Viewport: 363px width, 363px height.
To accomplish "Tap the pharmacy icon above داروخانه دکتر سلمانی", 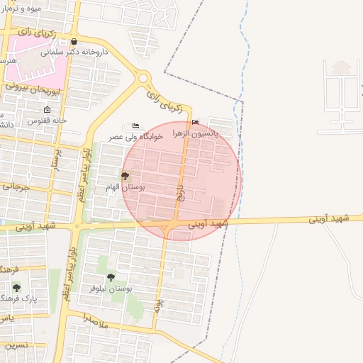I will pyautogui.click(x=74, y=41).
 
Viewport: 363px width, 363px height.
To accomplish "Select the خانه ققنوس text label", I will pyautogui.click(x=47, y=121).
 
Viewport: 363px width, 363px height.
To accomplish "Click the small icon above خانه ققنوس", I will pyautogui.click(x=47, y=110).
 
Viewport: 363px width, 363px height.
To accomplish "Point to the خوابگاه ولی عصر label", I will pyautogui.click(x=135, y=136).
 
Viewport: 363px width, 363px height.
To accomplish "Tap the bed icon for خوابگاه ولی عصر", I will pyautogui.click(x=135, y=126).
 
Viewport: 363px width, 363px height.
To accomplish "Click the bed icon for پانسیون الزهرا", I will pyautogui.click(x=196, y=121).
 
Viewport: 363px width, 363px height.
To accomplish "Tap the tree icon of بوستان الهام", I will pyautogui.click(x=125, y=176).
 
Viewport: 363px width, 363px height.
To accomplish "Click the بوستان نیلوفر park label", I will pyautogui.click(x=111, y=289).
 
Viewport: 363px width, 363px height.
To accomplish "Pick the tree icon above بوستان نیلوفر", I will pyautogui.click(x=111, y=277).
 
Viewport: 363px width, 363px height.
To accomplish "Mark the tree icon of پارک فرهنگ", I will pyautogui.click(x=16, y=288).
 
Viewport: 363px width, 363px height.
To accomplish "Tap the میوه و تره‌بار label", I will pyautogui.click(x=21, y=8).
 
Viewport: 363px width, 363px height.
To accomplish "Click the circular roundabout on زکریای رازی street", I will pyautogui.click(x=145, y=79).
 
